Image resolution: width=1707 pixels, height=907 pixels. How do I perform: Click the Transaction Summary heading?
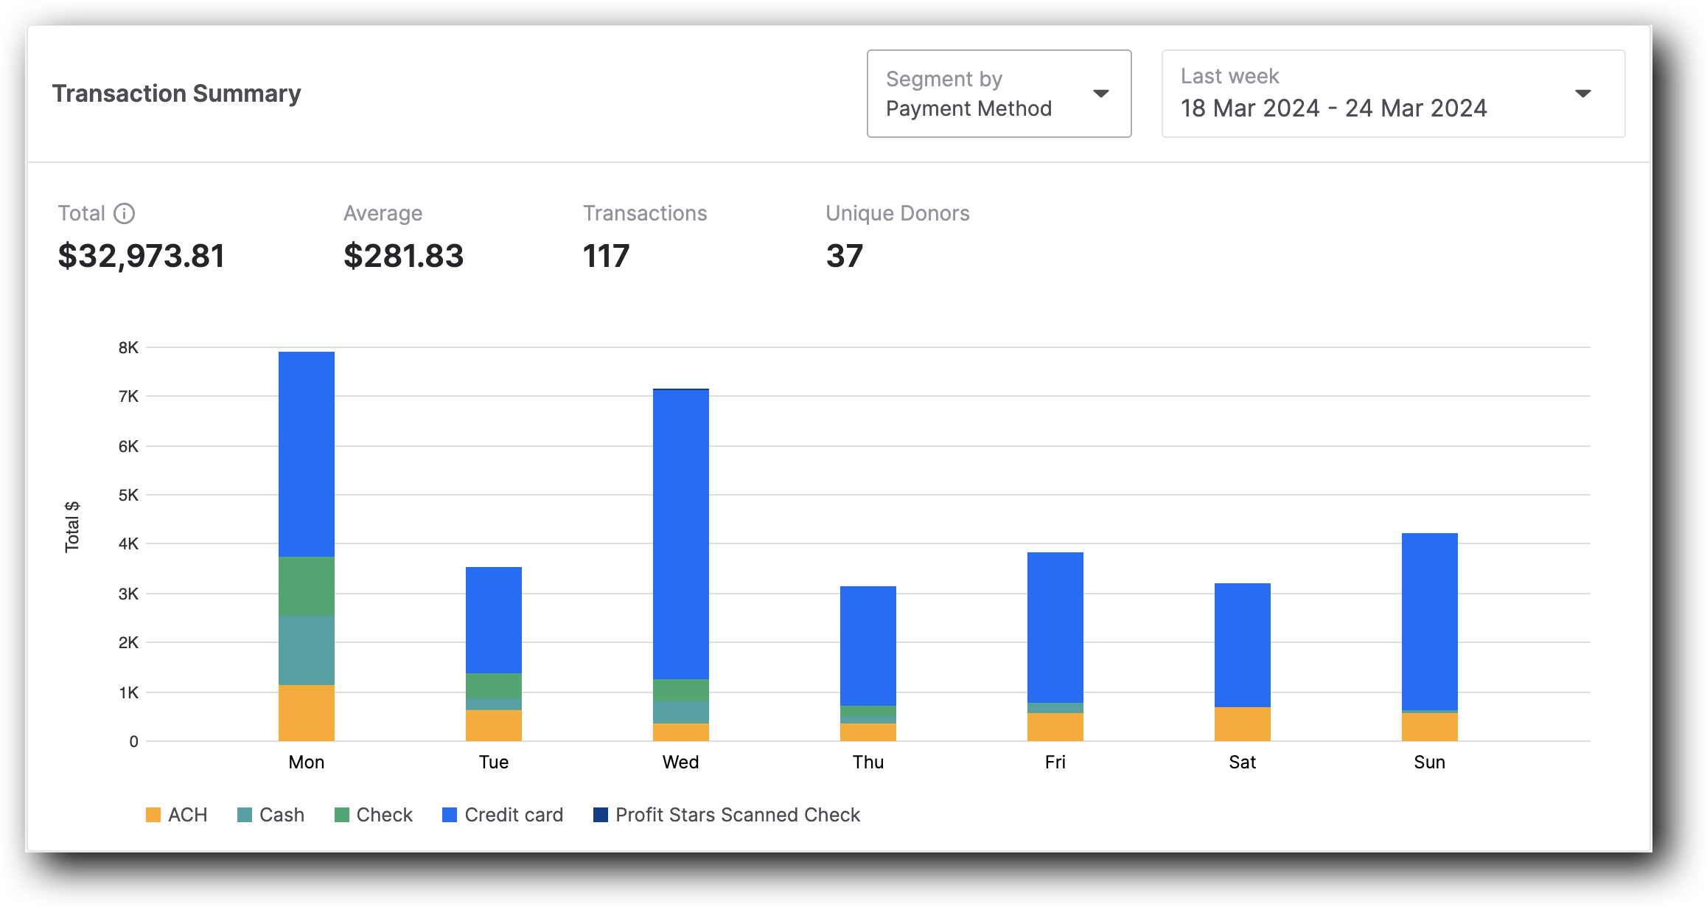[x=176, y=94]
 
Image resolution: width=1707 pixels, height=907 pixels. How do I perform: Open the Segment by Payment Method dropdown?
[x=998, y=94]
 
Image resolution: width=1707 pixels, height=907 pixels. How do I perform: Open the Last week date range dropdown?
[x=1392, y=94]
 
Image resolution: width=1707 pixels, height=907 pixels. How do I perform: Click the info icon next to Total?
[x=124, y=213]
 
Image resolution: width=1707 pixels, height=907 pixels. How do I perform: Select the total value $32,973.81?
[x=142, y=256]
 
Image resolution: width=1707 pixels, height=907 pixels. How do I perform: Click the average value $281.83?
[x=403, y=256]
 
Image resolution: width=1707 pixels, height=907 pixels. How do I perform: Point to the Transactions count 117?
[x=606, y=256]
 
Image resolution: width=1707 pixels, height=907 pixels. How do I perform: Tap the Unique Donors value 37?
[x=844, y=256]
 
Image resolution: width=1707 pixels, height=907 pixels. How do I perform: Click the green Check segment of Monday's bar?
[x=307, y=586]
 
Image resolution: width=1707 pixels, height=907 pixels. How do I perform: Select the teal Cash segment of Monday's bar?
[x=307, y=650]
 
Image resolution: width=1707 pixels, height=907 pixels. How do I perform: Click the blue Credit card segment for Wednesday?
[x=681, y=535]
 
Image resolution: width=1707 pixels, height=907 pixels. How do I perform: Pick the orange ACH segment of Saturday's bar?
[x=1243, y=724]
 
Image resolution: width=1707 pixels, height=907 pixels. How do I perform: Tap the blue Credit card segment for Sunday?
[x=1430, y=622]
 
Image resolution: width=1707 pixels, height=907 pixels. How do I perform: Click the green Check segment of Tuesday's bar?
[x=494, y=686]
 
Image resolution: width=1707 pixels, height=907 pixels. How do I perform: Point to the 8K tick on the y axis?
[x=128, y=347]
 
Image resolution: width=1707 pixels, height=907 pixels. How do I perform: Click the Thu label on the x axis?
[x=868, y=762]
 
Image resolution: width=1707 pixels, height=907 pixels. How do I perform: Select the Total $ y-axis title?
[x=71, y=527]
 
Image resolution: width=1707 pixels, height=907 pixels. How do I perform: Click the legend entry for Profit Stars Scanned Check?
[x=727, y=815]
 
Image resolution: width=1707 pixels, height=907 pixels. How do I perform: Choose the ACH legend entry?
[x=177, y=815]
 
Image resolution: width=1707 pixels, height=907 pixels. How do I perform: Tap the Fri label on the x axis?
[x=1055, y=762]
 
